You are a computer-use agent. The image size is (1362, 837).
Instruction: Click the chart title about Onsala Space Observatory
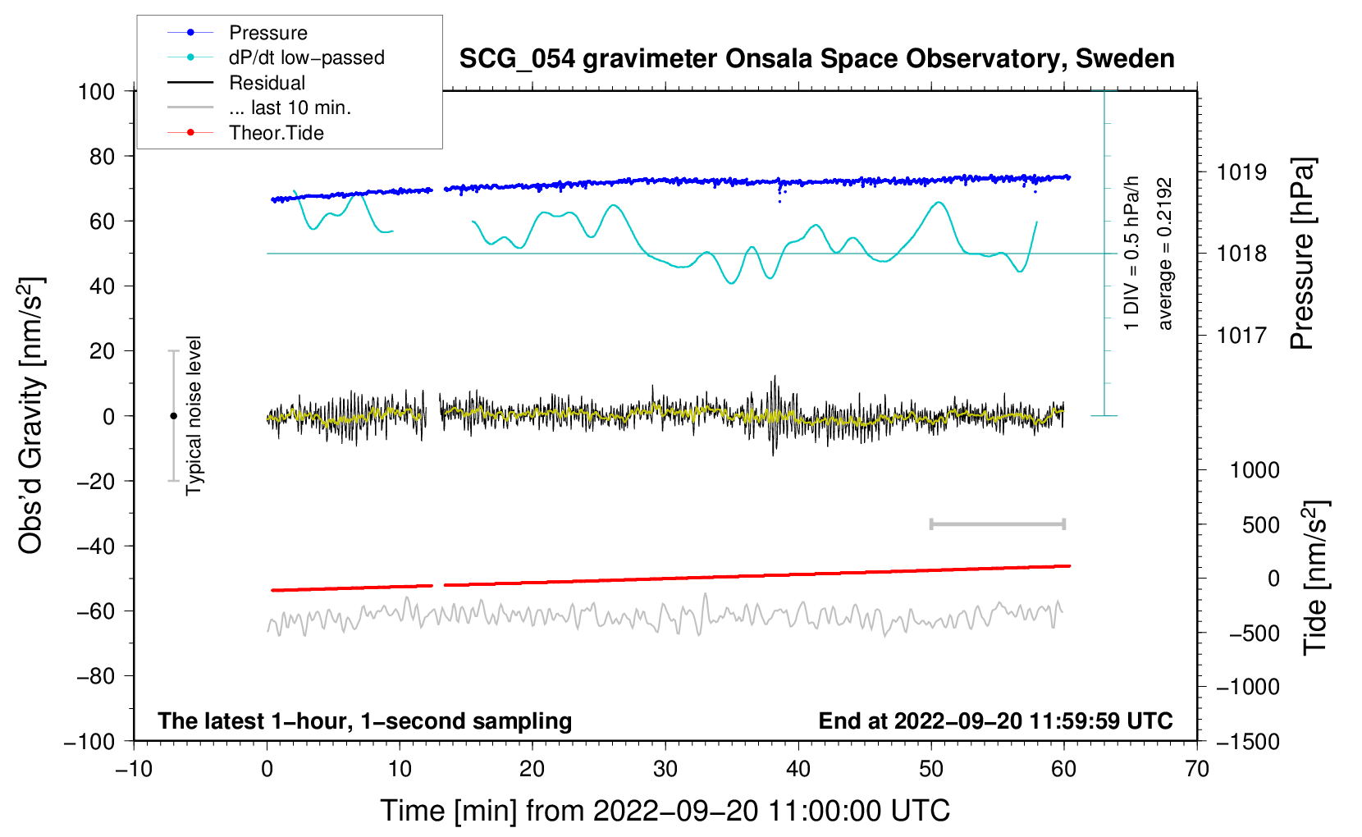click(x=816, y=59)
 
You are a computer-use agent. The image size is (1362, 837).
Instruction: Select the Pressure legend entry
click(x=267, y=33)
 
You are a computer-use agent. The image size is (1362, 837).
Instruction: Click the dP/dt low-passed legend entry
click(x=306, y=57)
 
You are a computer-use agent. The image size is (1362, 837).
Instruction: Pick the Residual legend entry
click(x=267, y=83)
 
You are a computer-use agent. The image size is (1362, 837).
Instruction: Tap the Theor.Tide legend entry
click(x=276, y=133)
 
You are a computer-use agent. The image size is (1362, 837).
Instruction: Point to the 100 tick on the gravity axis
click(x=97, y=91)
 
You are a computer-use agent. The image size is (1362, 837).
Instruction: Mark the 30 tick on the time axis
click(x=665, y=769)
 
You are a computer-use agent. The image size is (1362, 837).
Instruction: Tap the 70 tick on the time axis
click(x=1197, y=769)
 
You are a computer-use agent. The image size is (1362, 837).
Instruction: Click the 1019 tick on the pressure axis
click(x=1241, y=172)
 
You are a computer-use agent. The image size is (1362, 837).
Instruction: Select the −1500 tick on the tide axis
click(x=1248, y=741)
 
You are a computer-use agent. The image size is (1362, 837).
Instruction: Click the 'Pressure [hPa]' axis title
click(x=1303, y=254)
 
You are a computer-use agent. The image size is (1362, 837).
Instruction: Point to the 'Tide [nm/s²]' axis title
click(x=1316, y=578)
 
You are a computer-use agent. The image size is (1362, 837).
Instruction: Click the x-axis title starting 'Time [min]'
click(x=665, y=811)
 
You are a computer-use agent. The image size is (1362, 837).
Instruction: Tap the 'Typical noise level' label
click(x=194, y=416)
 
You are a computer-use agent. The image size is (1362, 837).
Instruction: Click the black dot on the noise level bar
click(x=173, y=416)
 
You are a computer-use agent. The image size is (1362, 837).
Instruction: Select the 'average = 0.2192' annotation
click(x=1165, y=254)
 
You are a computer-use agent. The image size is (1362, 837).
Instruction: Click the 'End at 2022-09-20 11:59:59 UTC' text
click(x=995, y=721)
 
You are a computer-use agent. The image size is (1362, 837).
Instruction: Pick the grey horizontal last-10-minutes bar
click(x=997, y=524)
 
